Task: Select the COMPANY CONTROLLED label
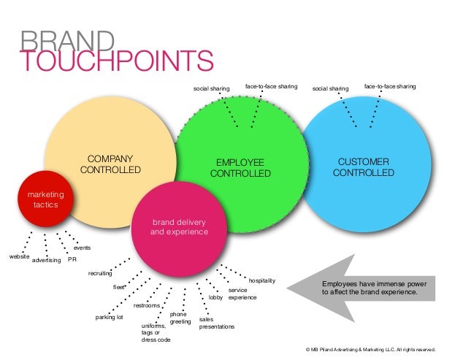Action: (110, 164)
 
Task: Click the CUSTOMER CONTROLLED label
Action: (363, 166)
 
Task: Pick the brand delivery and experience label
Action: (179, 226)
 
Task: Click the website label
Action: (19, 257)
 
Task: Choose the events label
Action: (82, 248)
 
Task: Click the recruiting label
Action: (100, 273)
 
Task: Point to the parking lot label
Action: (110, 318)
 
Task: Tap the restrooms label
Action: (147, 305)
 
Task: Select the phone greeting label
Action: (180, 318)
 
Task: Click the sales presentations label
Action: (216, 323)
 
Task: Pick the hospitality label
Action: (262, 280)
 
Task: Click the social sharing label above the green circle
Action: (211, 89)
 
